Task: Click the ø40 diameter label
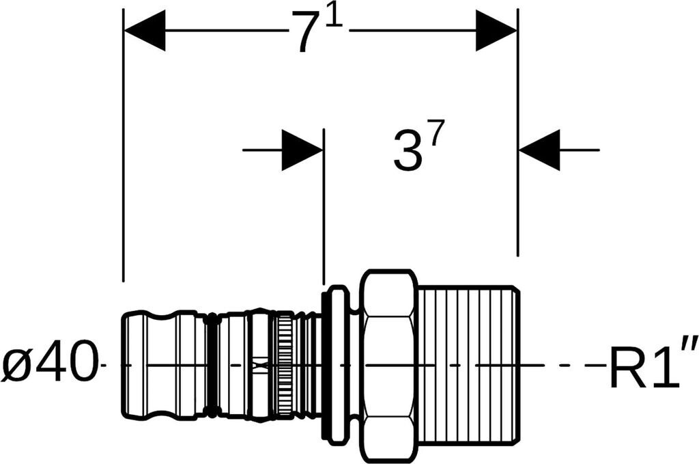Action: point(48,365)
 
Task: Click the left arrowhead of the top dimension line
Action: point(145,31)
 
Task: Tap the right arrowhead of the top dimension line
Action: point(496,31)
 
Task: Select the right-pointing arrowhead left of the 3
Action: point(301,149)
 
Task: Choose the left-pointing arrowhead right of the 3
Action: point(540,149)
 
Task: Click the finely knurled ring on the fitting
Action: point(283,365)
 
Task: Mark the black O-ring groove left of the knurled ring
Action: point(213,365)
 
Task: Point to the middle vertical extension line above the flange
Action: point(323,205)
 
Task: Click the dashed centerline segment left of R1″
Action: point(573,365)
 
